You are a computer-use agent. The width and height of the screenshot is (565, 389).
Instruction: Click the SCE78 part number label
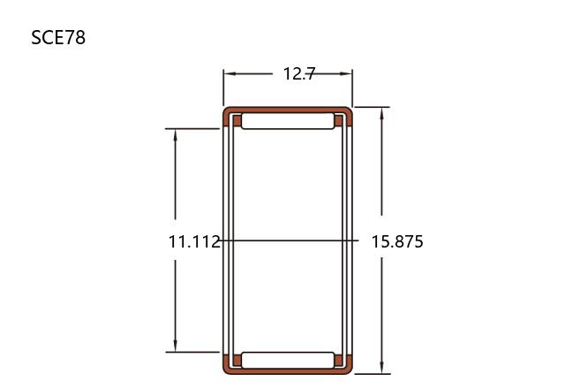tap(58, 37)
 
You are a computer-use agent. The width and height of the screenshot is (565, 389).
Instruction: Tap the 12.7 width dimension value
tap(299, 73)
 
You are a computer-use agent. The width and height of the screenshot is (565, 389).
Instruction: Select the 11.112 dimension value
tap(194, 241)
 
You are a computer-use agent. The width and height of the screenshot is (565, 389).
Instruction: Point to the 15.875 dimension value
tap(397, 241)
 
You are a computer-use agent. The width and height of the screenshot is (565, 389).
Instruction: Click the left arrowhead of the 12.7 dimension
tap(230, 73)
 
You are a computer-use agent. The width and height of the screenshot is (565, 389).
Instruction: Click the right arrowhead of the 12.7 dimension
tap(346, 73)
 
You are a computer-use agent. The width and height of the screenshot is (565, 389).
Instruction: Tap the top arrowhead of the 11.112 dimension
tap(176, 134)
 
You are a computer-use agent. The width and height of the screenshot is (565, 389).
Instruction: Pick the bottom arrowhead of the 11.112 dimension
tap(176, 346)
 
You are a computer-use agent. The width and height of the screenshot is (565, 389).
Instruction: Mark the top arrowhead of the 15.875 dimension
tap(382, 113)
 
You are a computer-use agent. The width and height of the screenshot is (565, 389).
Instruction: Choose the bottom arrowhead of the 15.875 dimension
tap(382, 368)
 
